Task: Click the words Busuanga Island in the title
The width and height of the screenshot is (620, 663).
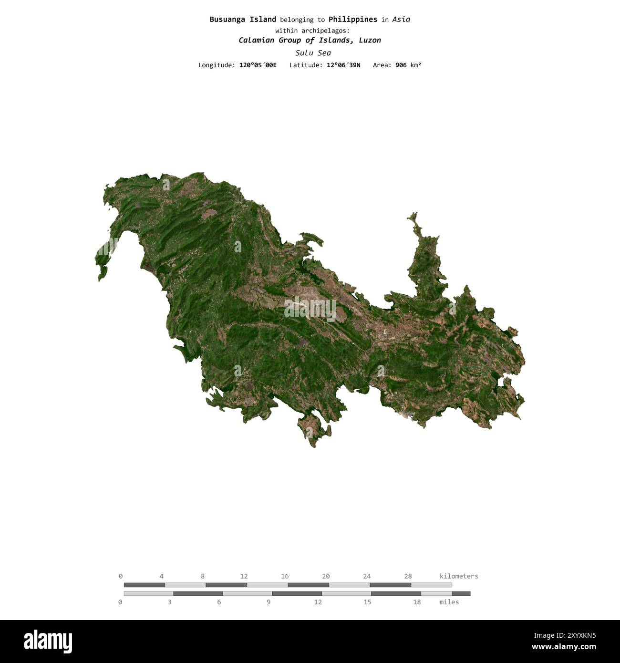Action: coord(243,20)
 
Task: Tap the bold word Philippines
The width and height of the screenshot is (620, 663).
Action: coord(352,20)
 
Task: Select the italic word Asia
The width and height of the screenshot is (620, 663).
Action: coord(401,20)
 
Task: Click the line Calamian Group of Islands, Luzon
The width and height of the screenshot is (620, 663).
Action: coord(310,40)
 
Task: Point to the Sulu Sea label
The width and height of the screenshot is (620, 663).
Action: coord(313,53)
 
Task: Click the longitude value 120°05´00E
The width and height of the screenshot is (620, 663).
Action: coord(258,65)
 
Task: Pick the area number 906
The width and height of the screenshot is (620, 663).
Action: coord(401,65)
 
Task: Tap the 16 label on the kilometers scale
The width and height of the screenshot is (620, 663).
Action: coord(285,576)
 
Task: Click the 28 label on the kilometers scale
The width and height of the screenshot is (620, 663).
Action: coord(408,576)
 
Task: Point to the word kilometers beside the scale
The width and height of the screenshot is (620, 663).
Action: coord(459,576)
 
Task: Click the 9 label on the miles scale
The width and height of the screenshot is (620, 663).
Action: coord(269,602)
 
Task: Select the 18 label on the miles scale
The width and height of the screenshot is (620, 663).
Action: coord(417,602)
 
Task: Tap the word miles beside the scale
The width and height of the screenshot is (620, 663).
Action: coord(449,602)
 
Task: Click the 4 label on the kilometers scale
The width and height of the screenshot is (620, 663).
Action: coord(162,576)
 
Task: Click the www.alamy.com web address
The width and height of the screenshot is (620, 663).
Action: coord(564,647)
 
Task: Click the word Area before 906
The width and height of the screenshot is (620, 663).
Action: coord(382,65)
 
